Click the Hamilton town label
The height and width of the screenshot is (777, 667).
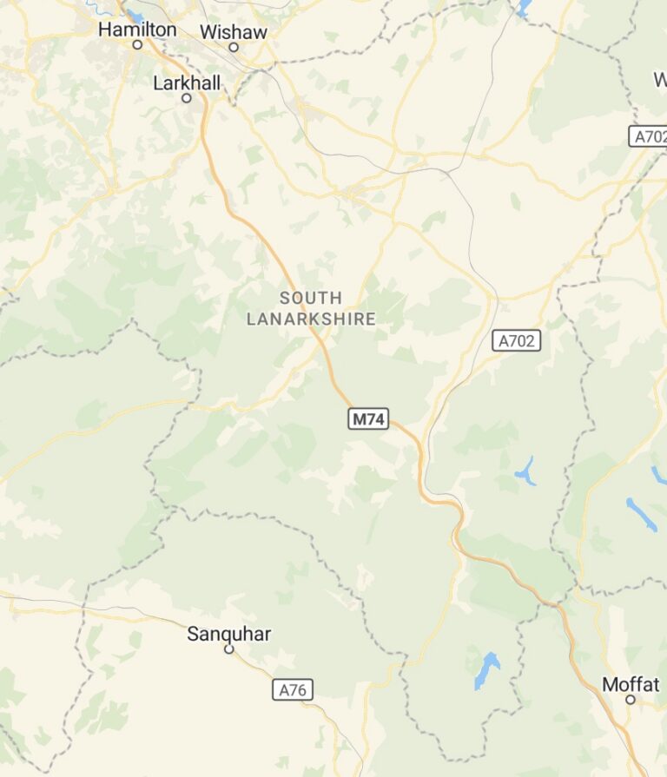coord(137,30)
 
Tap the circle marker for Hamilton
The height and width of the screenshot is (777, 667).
coord(137,44)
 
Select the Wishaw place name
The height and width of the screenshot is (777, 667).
coord(233,32)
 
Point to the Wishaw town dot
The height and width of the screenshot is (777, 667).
coord(233,47)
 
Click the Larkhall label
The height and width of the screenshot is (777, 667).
coord(187,83)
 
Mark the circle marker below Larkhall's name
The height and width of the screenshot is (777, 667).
coord(186,98)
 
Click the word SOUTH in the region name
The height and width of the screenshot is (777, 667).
coord(311,298)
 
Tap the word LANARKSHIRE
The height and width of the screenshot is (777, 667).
coord(311,319)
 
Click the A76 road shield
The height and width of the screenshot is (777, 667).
coord(293,690)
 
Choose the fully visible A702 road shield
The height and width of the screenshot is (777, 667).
coord(517,341)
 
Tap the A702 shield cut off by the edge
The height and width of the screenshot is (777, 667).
coord(648,136)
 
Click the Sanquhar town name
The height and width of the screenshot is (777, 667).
coord(228,634)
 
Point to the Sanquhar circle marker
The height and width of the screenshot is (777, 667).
coord(229,649)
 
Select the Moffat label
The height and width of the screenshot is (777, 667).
coord(631,684)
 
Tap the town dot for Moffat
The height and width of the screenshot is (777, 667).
coord(631,699)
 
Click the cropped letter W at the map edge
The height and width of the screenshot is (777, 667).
coord(660,80)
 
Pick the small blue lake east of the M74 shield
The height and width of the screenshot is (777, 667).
coord(525,471)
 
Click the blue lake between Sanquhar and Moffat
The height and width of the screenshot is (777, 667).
coord(486,670)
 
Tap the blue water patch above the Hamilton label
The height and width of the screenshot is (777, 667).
coord(135,15)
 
